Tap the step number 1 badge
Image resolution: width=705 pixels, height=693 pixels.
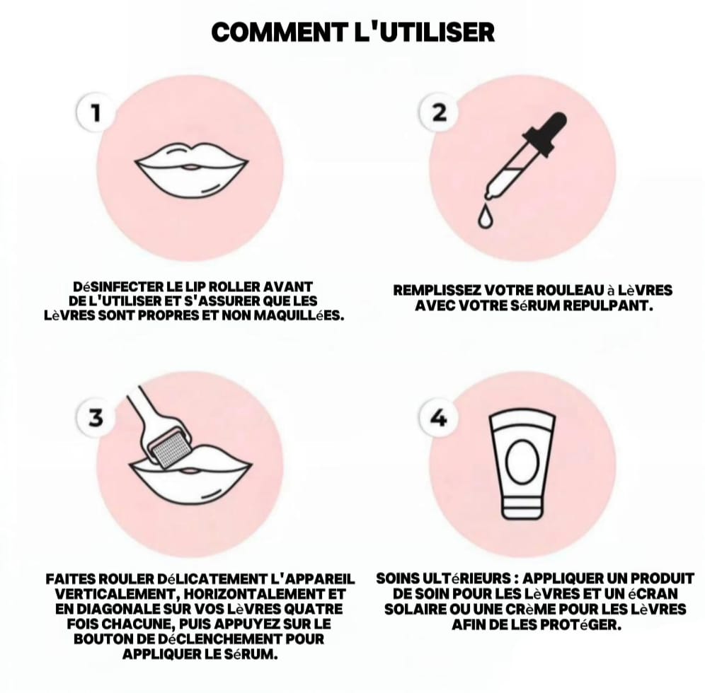click(96, 112)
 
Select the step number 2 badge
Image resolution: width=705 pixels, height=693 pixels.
click(440, 112)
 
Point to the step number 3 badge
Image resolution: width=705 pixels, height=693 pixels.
click(96, 418)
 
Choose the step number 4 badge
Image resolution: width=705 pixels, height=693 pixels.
click(439, 418)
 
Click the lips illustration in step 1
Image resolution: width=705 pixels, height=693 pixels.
click(192, 169)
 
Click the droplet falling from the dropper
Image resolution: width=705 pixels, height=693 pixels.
click(483, 218)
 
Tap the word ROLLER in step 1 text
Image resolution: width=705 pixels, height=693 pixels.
click(234, 286)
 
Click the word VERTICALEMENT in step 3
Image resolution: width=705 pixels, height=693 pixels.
click(112, 594)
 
